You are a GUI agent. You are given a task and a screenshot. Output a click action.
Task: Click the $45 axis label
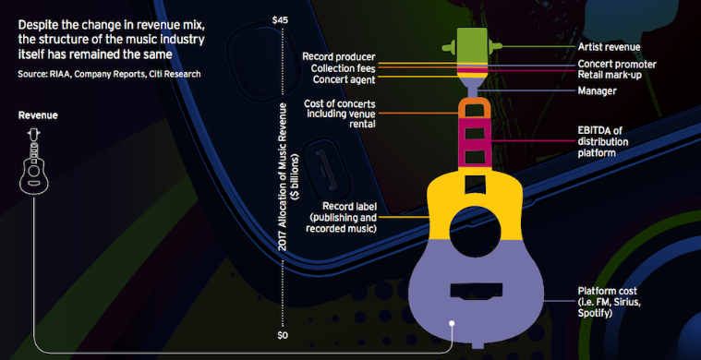282,20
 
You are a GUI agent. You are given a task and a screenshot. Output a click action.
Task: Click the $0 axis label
282,335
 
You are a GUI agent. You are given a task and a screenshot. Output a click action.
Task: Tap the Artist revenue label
610,46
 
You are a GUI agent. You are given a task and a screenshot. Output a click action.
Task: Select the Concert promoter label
617,65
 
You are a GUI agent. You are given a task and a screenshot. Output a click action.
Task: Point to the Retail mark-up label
610,75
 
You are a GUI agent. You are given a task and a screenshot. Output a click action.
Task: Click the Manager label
597,91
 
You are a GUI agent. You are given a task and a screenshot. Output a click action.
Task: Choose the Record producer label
339,57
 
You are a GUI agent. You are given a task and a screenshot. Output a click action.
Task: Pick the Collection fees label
344,69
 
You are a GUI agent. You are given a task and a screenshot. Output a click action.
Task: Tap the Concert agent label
344,80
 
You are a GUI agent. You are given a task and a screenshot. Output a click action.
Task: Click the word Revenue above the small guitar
38,115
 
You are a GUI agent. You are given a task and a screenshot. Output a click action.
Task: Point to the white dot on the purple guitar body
452,323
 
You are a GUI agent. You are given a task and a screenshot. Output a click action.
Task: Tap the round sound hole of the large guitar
476,232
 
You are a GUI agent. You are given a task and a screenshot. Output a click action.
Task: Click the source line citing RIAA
110,74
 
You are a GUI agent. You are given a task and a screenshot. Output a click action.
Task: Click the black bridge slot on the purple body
477,291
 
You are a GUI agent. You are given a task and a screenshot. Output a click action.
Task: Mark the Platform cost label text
610,303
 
